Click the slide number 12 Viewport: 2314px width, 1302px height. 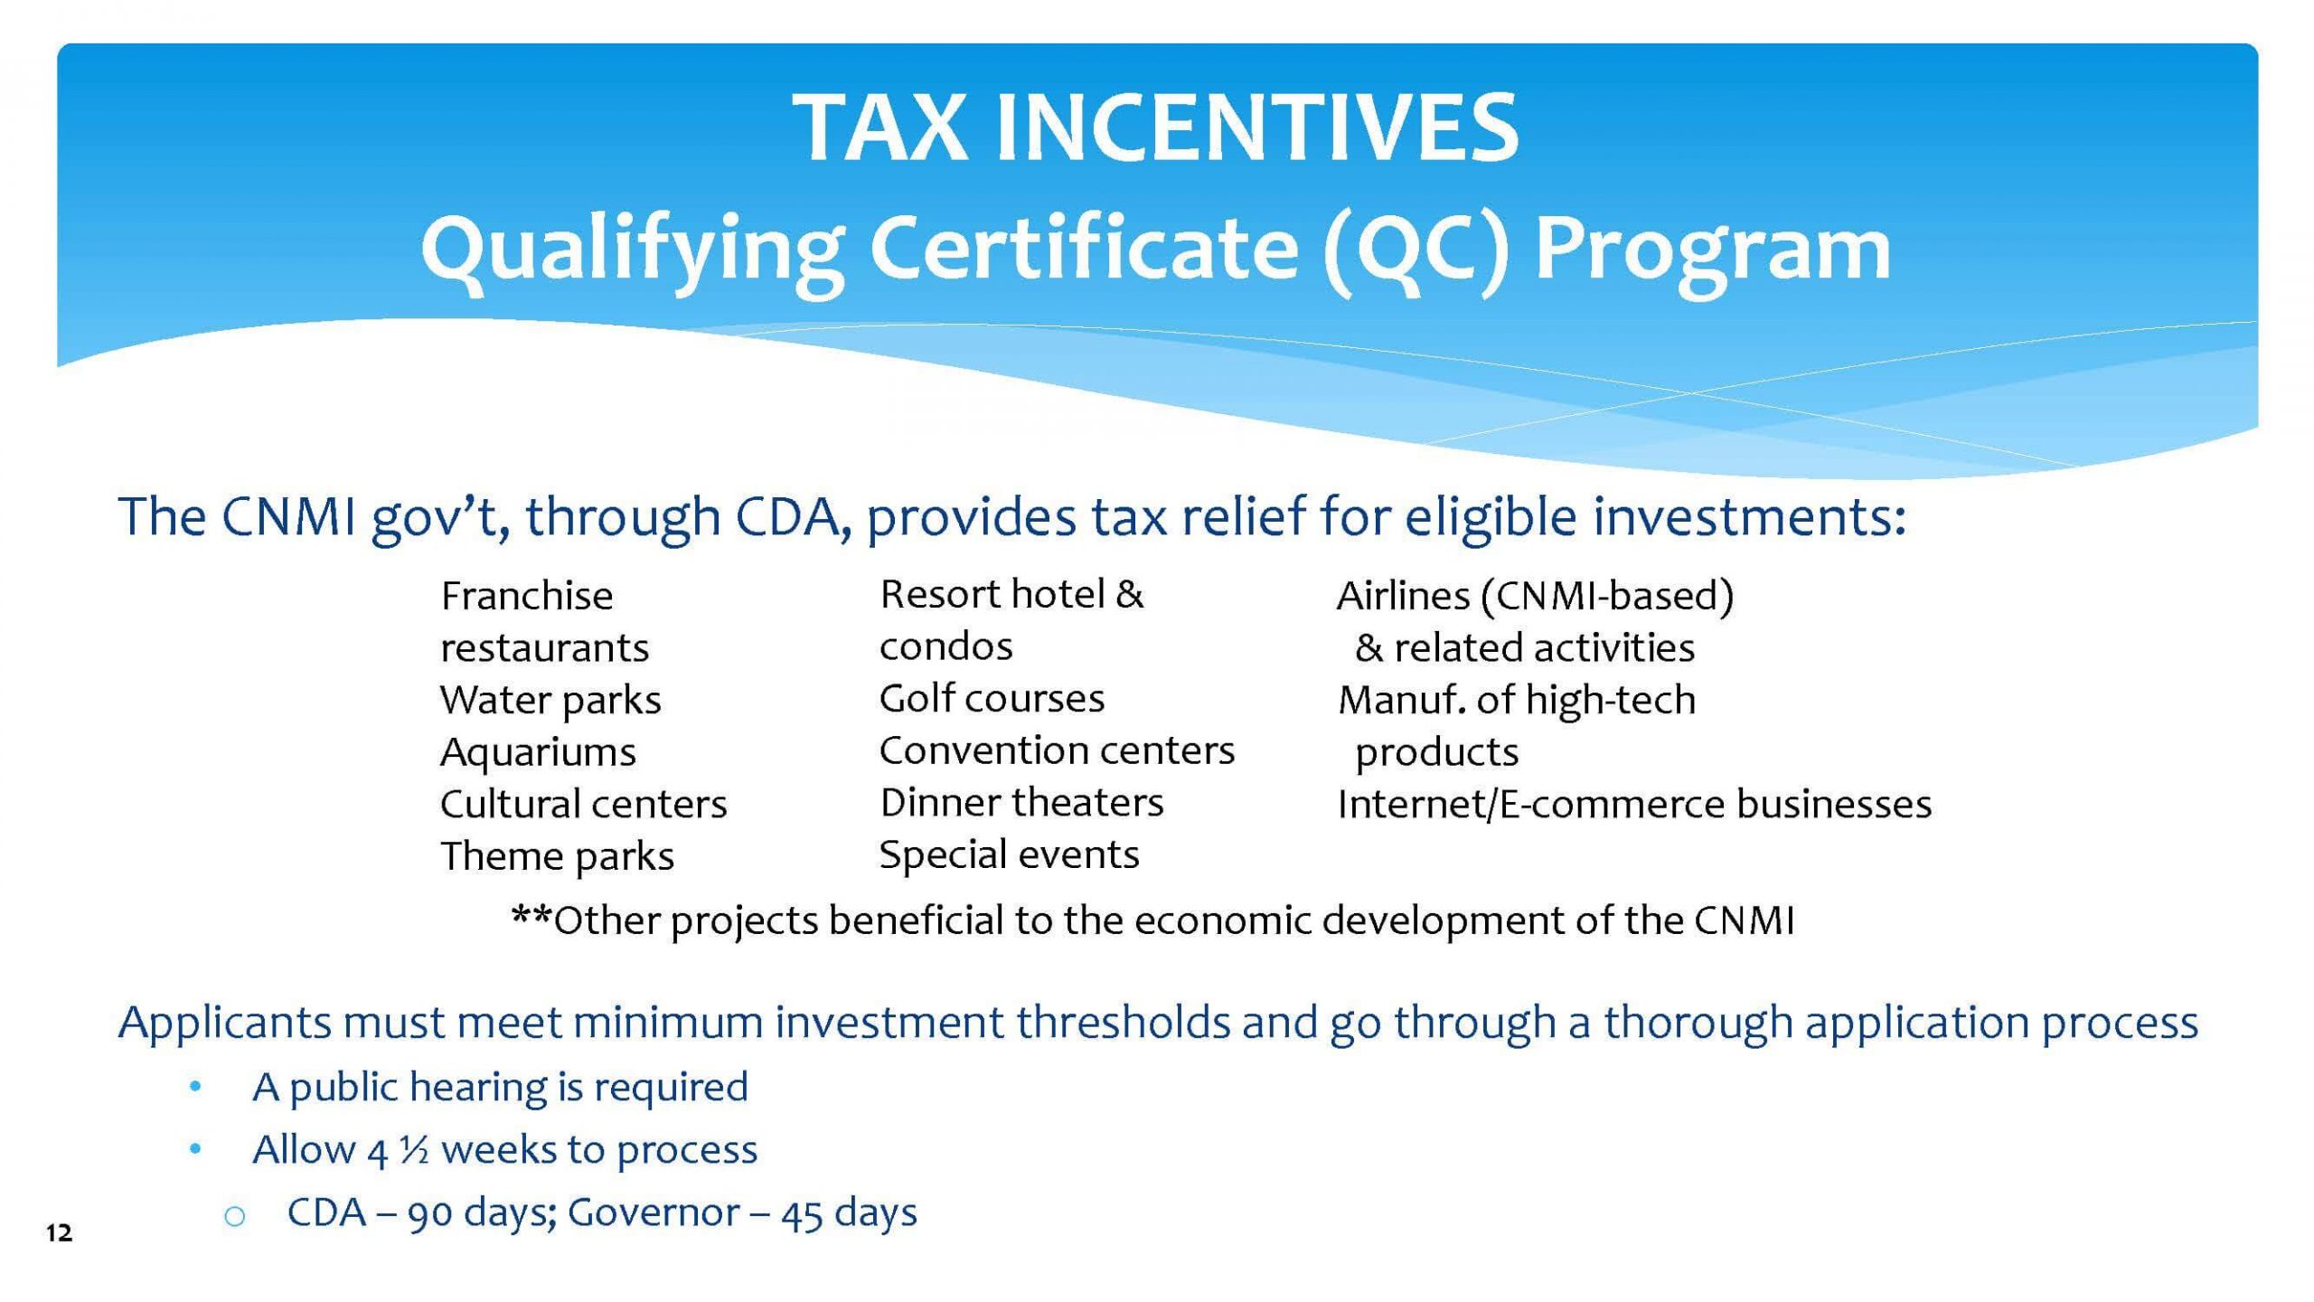(60, 1232)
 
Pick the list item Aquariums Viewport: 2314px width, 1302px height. (539, 752)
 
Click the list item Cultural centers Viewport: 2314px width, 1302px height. (584, 804)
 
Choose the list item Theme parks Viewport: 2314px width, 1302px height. (558, 855)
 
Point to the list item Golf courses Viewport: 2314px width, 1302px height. (992, 698)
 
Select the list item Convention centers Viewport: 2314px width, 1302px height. (1057, 750)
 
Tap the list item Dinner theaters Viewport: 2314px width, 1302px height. (1021, 802)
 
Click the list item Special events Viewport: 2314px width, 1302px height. (1009, 854)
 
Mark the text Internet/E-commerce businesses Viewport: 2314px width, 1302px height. (1634, 804)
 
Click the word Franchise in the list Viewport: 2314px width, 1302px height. (527, 596)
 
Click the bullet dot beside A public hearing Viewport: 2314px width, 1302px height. (195, 1088)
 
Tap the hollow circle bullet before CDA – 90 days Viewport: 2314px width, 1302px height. (234, 1216)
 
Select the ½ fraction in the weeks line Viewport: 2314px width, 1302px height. (414, 1151)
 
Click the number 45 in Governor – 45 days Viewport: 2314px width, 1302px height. (804, 1213)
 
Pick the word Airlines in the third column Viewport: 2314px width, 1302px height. (1404, 596)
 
